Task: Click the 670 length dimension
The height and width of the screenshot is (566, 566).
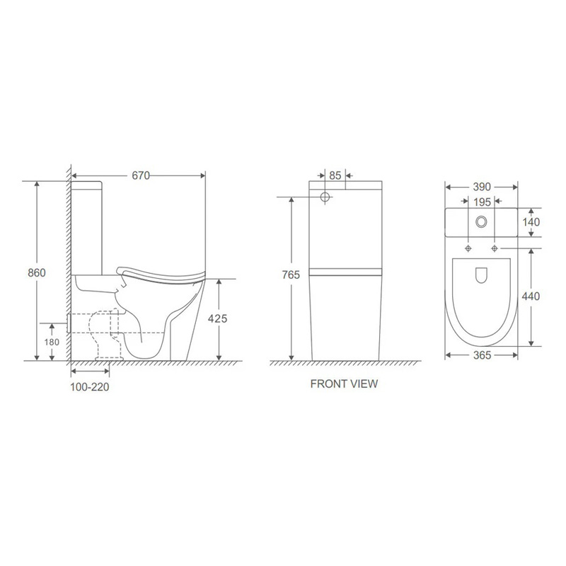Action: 141,175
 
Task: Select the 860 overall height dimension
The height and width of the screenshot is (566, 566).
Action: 37,272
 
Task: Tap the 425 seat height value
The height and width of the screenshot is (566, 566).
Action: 217,318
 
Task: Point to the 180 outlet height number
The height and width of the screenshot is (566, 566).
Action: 52,342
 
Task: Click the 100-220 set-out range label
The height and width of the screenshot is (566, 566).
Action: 90,387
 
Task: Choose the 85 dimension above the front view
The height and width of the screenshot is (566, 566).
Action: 335,175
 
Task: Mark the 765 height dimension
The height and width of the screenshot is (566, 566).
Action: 291,275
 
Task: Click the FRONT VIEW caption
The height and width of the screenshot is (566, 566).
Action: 344,383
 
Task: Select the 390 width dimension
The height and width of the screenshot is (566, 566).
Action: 482,187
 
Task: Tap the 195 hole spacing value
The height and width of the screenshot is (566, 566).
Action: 482,202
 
